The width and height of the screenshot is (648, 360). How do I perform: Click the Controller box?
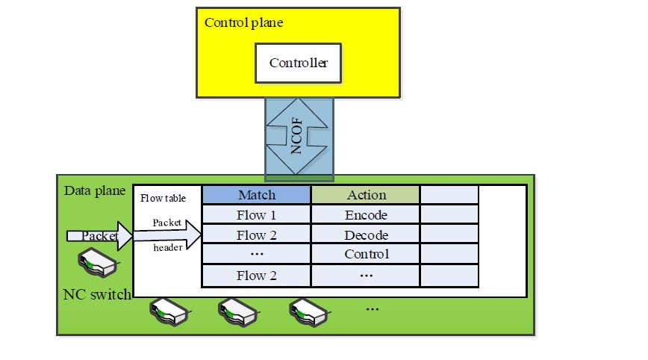coord(298,63)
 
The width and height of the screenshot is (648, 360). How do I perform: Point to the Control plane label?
coord(243,22)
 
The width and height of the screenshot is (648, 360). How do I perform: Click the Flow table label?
coord(162,198)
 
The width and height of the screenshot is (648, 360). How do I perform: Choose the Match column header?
coord(256,195)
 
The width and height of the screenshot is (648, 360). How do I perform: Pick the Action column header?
coord(366,195)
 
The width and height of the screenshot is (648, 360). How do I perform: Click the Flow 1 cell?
coord(256,215)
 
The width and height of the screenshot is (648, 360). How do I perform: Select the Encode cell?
coord(366,215)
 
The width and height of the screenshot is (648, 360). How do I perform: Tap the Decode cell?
coord(366,235)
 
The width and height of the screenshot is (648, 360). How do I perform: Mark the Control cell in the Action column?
coord(366,254)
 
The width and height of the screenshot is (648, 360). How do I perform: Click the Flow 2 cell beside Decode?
coord(256,235)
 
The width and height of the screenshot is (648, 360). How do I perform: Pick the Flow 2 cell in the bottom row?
coord(256,275)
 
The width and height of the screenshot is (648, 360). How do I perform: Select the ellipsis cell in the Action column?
coord(366,275)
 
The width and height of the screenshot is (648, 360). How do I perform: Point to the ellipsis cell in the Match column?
coord(256,254)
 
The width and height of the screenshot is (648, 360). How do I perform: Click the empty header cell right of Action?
coord(449,195)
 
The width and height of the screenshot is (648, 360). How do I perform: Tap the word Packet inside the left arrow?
coord(99,236)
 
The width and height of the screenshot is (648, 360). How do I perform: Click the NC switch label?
coord(97,294)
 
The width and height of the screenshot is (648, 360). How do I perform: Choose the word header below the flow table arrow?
coord(167,247)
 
